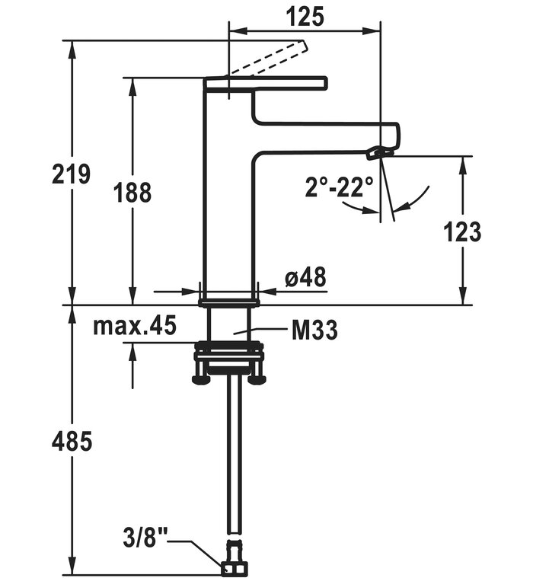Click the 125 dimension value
[305, 15]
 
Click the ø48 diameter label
[306, 278]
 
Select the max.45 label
[135, 327]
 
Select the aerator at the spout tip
[378, 153]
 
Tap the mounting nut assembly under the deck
[228, 362]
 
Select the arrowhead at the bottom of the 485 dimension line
[73, 569]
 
